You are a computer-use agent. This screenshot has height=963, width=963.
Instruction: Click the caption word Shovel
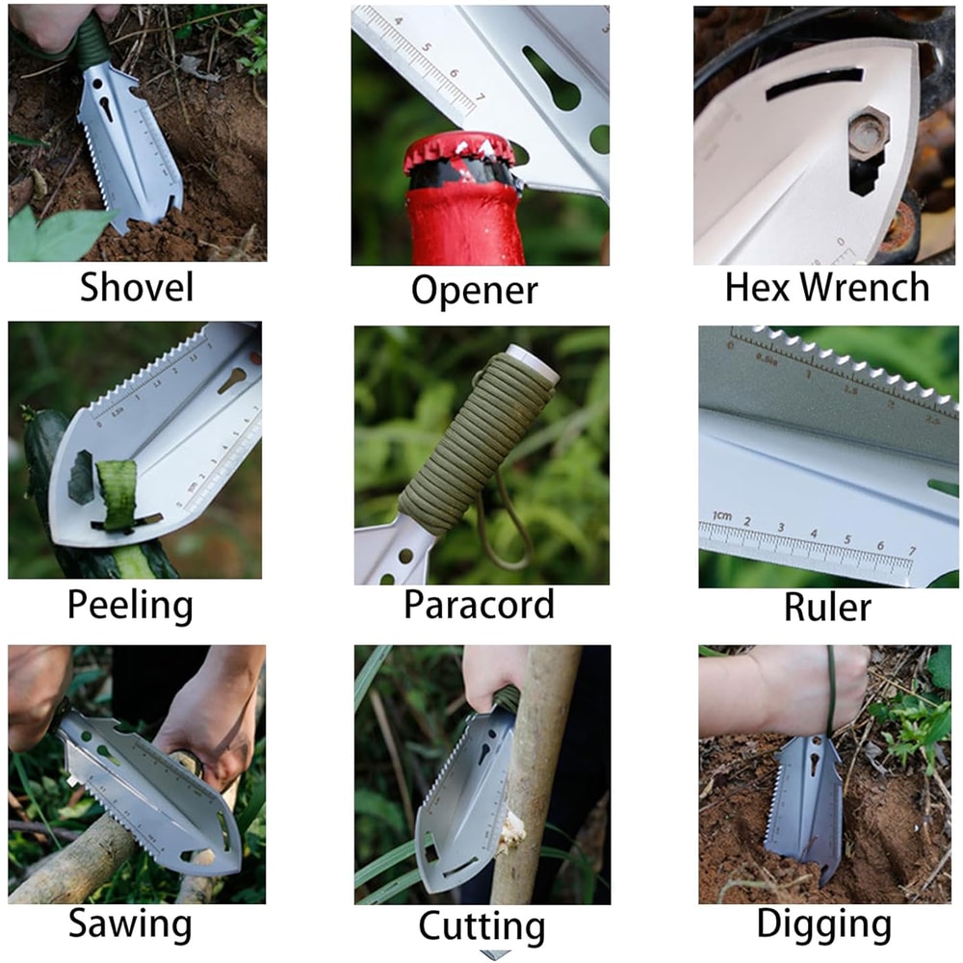click(137, 287)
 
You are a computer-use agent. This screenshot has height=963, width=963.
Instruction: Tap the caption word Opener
click(474, 289)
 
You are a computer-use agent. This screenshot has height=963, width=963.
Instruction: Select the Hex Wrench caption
click(827, 287)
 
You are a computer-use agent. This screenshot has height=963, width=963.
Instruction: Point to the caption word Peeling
click(130, 606)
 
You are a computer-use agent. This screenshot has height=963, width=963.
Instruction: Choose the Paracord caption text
click(479, 605)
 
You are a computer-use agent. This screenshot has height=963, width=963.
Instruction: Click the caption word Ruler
click(827, 607)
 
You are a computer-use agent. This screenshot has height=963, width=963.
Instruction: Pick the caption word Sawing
click(130, 924)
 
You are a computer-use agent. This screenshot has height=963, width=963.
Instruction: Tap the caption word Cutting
click(481, 926)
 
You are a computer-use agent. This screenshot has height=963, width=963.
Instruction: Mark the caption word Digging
click(824, 924)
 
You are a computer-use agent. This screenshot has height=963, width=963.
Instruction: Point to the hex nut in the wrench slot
click(863, 135)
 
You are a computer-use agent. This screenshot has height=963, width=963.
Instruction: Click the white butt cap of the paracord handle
click(527, 359)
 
